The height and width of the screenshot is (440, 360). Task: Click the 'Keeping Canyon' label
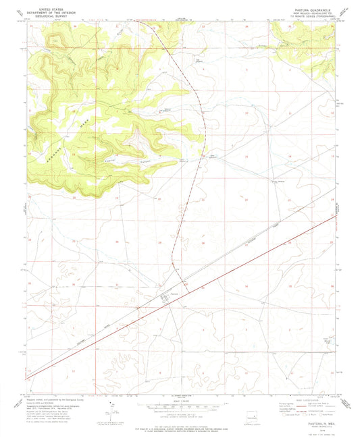click(115, 157)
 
